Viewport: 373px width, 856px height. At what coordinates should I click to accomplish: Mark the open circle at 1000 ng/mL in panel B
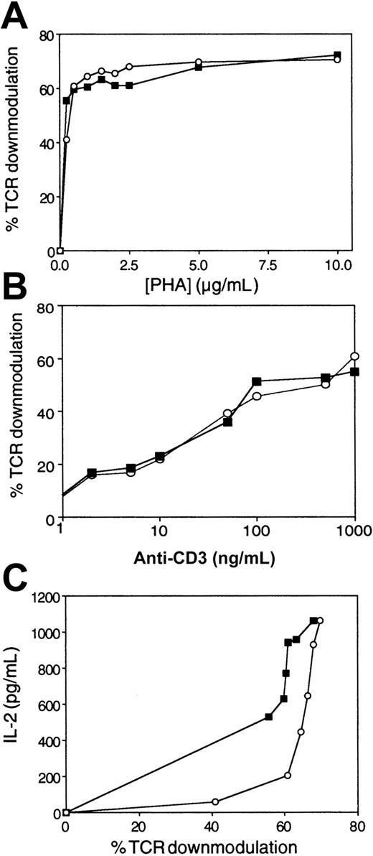(x=354, y=356)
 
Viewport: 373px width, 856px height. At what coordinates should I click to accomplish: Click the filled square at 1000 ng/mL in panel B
(x=354, y=371)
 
